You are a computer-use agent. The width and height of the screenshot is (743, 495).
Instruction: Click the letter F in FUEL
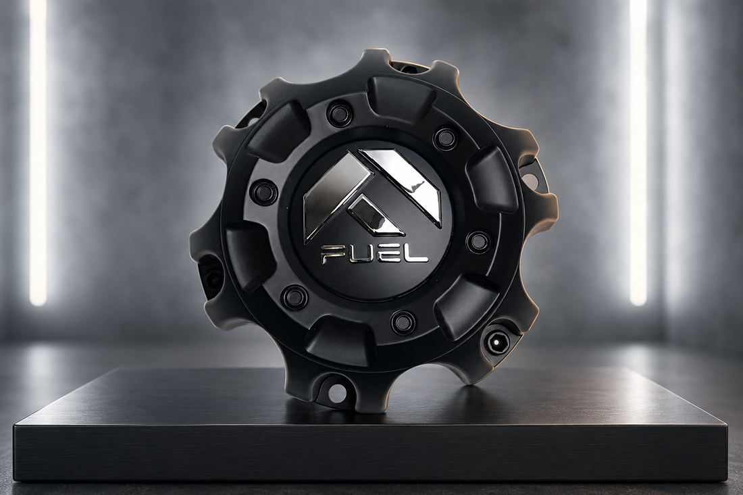(x=331, y=255)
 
